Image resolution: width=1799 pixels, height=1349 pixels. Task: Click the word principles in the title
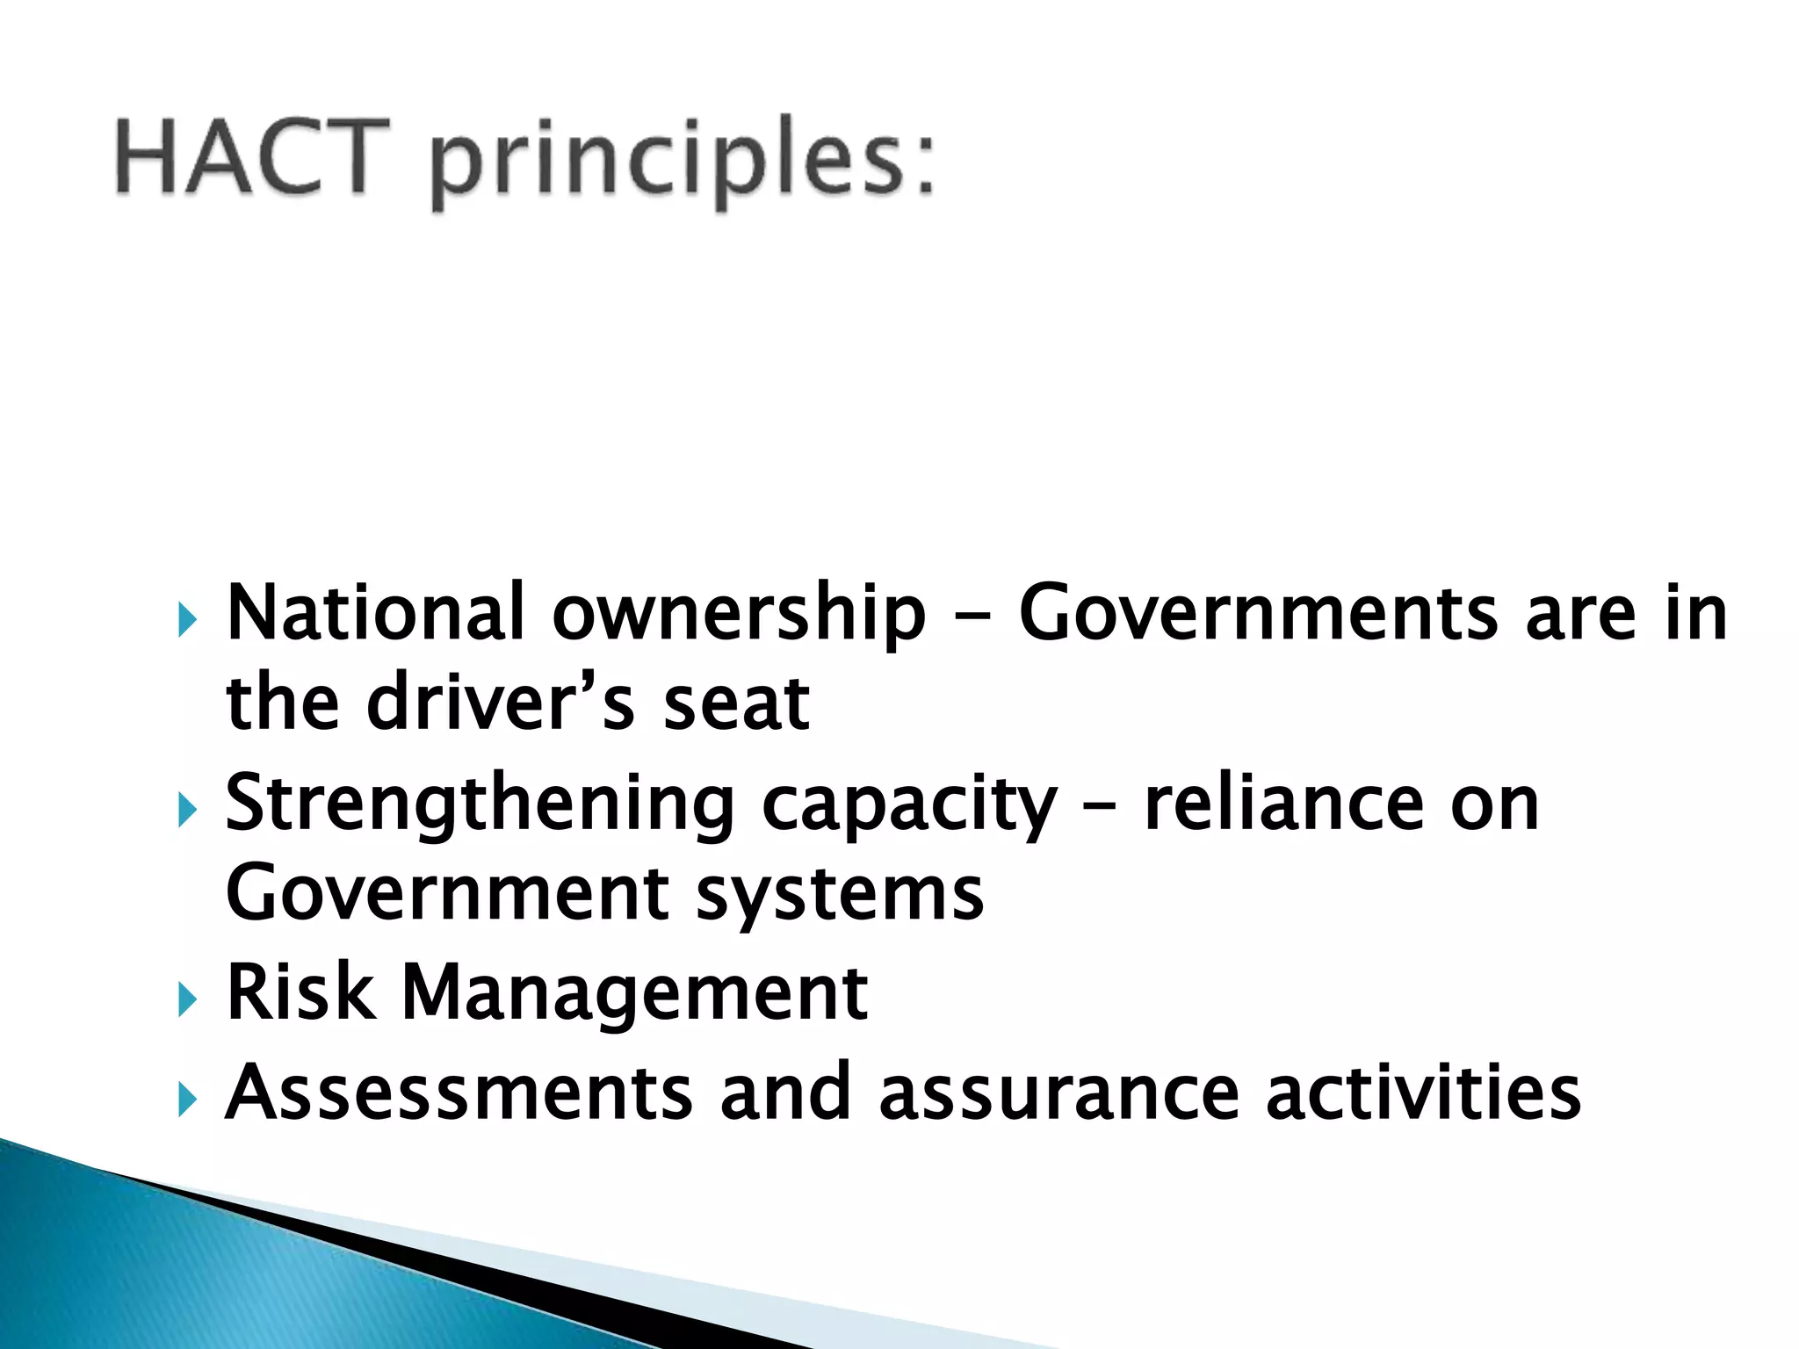682,162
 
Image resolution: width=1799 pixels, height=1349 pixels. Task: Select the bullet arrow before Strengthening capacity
186,809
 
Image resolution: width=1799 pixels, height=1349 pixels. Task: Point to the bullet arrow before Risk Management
186,999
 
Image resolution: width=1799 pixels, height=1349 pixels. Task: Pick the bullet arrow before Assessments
186,1099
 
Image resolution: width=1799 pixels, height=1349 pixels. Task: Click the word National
375,613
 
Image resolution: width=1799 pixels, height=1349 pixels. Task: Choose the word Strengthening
480,804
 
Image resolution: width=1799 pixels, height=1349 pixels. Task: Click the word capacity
909,806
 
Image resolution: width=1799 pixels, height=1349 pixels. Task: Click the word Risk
300,992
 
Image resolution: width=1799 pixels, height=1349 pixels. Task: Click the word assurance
1058,1093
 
